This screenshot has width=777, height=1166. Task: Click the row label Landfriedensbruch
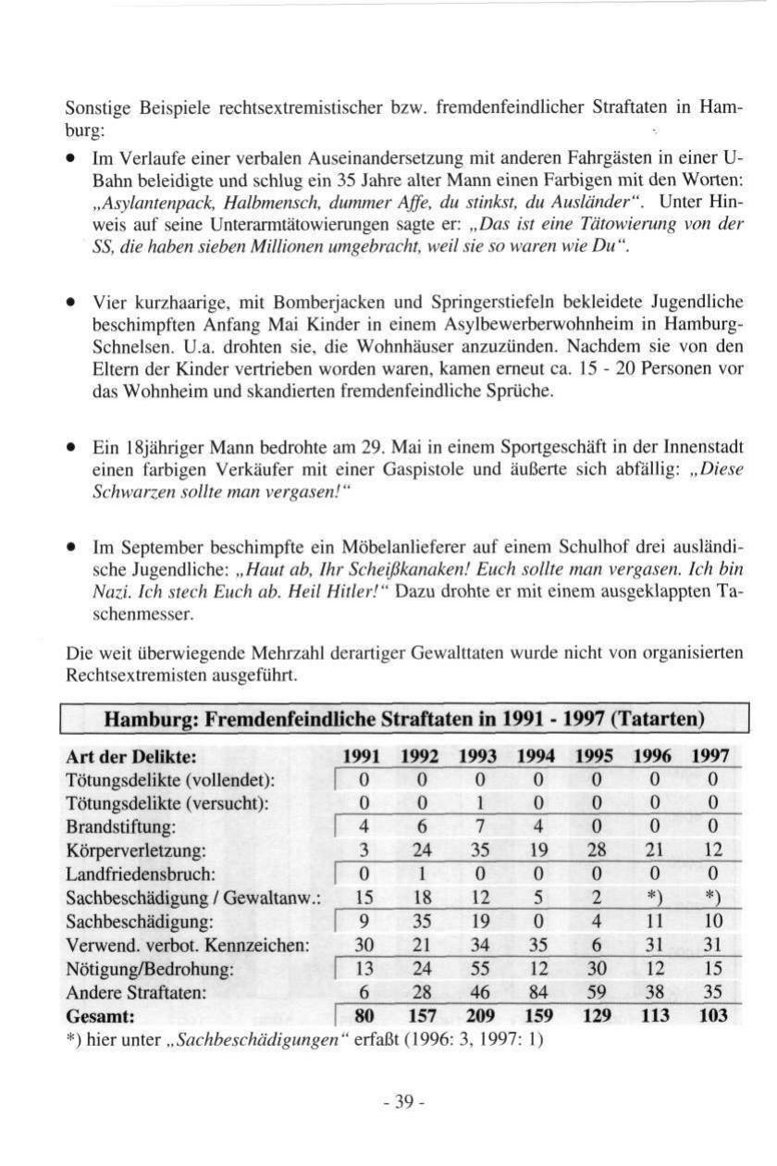pyautogui.click(x=142, y=874)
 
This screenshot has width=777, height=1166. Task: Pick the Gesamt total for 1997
pyautogui.click(x=713, y=1016)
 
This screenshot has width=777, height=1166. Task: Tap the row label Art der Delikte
pyautogui.click(x=129, y=754)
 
